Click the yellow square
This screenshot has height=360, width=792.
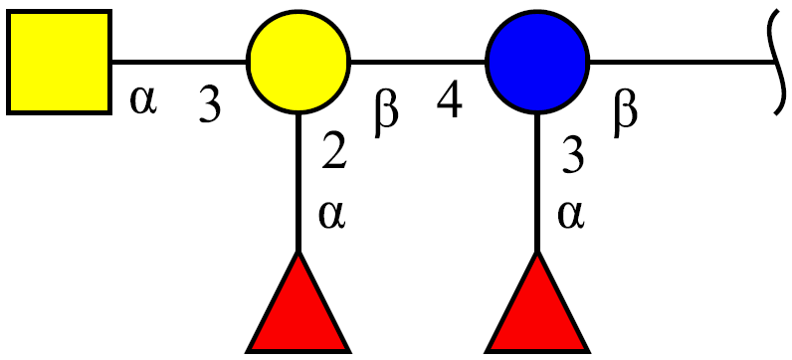point(59,62)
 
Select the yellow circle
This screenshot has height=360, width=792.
point(298,62)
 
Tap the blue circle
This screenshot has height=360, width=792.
point(537,62)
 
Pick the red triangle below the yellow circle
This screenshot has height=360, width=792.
point(298,302)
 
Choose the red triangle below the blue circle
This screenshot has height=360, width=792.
point(537,302)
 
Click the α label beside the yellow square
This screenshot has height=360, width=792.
point(144,99)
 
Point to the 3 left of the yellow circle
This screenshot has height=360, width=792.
point(210,104)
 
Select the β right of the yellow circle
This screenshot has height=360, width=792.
point(386,114)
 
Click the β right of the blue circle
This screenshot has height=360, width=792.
point(626,114)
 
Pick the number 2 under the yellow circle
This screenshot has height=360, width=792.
point(334,150)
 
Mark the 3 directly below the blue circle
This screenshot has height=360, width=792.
point(573,155)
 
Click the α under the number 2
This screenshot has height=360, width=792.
point(332,215)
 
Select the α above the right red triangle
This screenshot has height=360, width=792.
point(571,215)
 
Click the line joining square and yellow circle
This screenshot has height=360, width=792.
point(179,62)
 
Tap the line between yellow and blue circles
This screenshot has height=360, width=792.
point(418,62)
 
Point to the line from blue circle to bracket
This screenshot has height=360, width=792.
point(683,62)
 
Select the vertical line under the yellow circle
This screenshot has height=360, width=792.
point(298,183)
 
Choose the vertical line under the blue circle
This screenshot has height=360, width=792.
point(537,183)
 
